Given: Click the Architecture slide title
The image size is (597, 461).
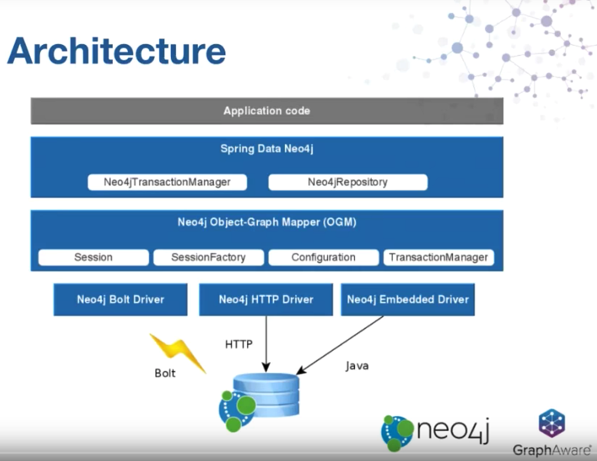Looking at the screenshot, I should (x=116, y=50).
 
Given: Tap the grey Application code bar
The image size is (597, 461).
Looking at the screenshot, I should (x=267, y=111).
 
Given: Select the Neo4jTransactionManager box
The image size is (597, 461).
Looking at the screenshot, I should (x=167, y=182).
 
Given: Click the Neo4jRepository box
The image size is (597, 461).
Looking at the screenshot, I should (x=348, y=182).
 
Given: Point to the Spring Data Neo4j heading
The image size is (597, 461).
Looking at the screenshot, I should (x=267, y=148).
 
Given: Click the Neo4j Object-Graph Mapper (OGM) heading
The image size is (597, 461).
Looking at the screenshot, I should (x=267, y=222).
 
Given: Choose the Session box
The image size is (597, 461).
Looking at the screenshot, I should (x=94, y=257).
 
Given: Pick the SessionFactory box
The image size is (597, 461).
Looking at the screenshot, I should (x=208, y=257).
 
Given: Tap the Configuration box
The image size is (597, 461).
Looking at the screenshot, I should (x=323, y=257).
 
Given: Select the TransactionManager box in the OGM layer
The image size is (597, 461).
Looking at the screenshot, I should (x=438, y=257).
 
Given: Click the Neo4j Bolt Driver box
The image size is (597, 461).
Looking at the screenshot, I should (x=120, y=300).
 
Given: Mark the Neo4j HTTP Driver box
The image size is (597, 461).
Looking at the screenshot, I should (x=266, y=300).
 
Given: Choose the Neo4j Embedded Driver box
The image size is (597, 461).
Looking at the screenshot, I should (x=407, y=300).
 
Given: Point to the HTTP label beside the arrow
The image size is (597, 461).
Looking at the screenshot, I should (x=239, y=344).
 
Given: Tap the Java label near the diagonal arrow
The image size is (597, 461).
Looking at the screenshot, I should (x=357, y=366).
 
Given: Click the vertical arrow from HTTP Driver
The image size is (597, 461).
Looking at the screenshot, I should (x=266, y=344).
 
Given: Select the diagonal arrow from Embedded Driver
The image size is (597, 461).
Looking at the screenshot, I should (x=341, y=345).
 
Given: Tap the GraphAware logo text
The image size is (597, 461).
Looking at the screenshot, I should (x=552, y=450).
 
